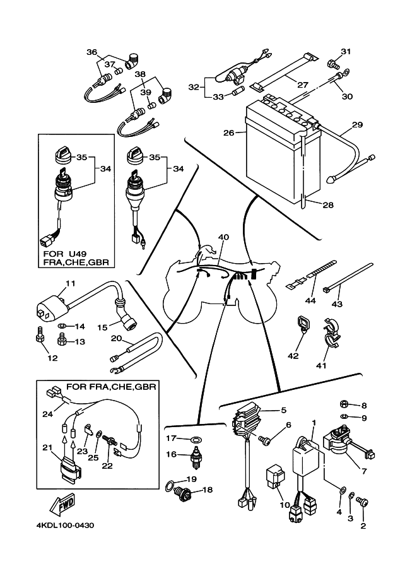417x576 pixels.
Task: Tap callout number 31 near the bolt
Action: click(x=345, y=51)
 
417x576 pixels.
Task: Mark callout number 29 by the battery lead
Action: click(x=357, y=125)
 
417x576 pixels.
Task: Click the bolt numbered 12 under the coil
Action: click(x=38, y=338)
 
